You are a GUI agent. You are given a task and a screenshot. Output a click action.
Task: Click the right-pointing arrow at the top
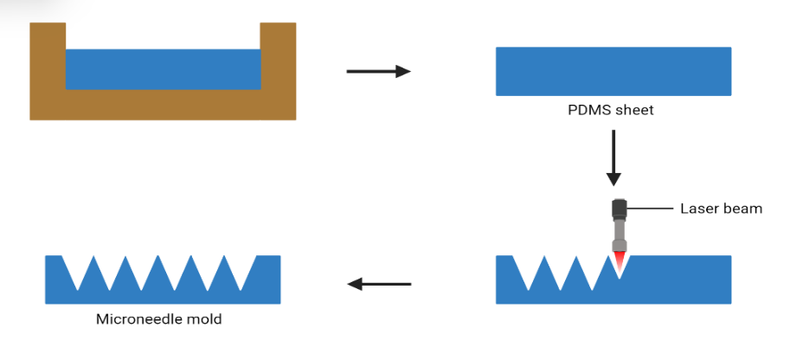click(x=378, y=72)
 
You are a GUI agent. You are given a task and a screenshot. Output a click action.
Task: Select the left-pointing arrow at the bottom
click(x=379, y=284)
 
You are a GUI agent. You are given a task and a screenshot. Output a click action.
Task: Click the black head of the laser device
click(x=619, y=209)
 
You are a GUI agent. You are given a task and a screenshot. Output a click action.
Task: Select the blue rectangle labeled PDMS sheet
click(x=613, y=71)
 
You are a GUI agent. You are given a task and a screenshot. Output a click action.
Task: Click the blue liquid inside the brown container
click(x=163, y=69)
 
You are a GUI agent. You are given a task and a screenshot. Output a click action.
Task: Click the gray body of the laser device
click(x=619, y=234)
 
